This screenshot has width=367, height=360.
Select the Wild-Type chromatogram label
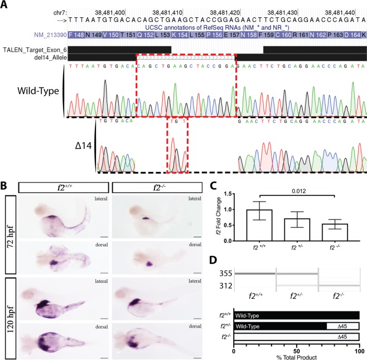click(x=39, y=91)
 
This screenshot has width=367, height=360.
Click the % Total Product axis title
click(x=297, y=356)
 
